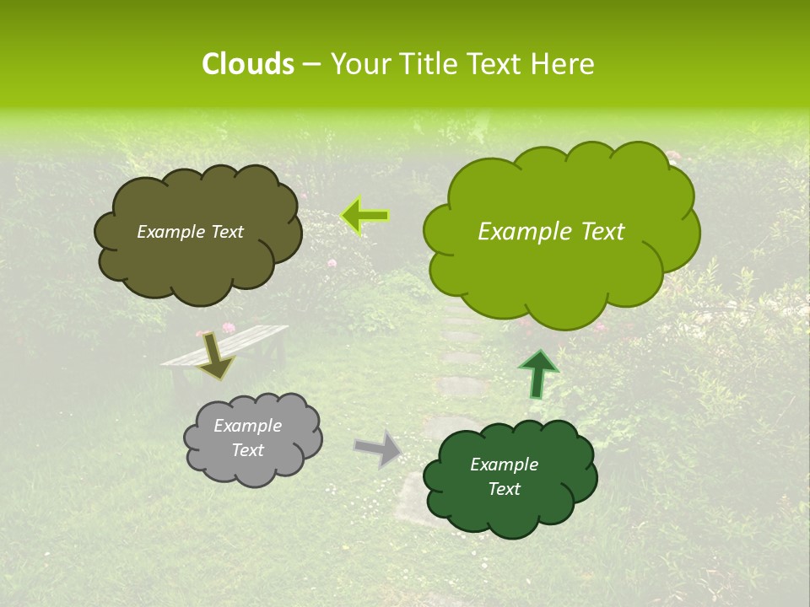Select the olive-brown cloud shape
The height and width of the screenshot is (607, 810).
point(198,253)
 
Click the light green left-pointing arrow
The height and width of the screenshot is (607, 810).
point(365,216)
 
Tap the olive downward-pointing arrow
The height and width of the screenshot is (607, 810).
point(217,356)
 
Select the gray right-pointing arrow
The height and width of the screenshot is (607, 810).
point(379,449)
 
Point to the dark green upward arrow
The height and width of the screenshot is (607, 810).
point(537,373)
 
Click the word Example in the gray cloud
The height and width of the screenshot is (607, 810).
point(247,426)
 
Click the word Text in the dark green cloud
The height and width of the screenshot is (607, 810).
point(504,489)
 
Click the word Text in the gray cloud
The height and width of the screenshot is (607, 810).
point(247,450)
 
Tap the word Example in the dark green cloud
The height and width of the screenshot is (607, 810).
point(504,465)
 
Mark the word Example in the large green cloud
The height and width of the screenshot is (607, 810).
point(520,232)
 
